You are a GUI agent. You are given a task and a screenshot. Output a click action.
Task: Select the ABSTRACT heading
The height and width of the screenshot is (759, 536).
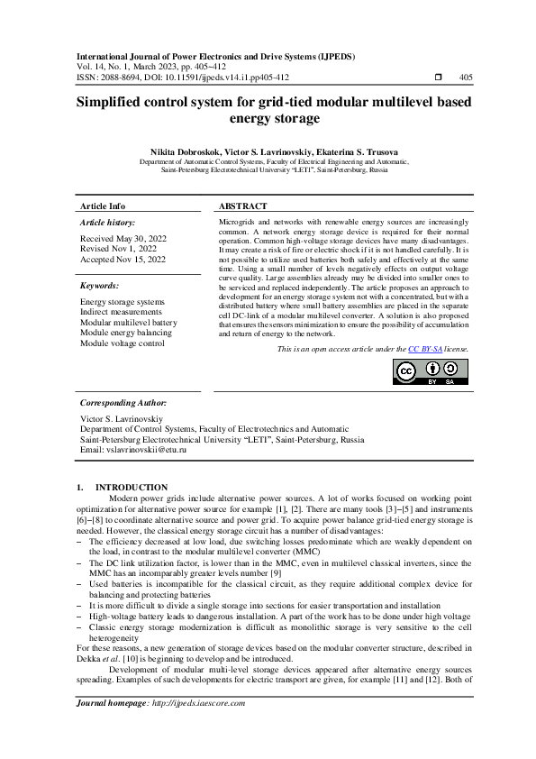243,206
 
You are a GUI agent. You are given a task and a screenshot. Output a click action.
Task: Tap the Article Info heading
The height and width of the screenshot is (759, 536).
104,206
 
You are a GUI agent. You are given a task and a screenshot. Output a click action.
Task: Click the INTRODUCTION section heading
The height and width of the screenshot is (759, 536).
132,487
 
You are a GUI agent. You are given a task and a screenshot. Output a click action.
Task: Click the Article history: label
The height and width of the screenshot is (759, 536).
108,222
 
